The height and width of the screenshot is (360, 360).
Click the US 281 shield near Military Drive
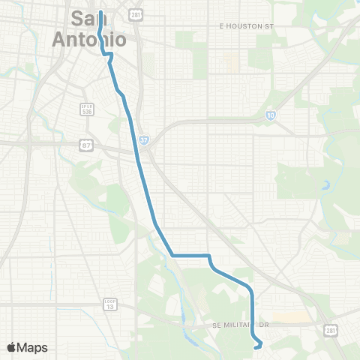tap(331, 331)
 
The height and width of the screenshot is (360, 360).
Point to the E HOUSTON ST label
tap(243, 25)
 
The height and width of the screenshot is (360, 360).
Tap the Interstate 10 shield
tap(270, 115)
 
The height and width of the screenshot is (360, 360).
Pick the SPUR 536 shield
tap(87, 109)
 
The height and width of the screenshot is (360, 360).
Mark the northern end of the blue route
tap(100, 12)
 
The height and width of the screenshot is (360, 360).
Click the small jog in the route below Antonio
tap(109, 55)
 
